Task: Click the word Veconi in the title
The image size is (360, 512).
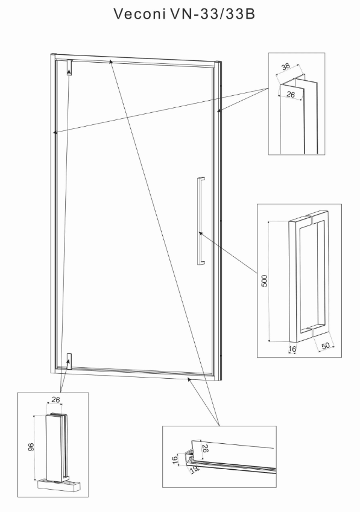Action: click(139, 14)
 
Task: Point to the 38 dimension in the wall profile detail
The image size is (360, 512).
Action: click(286, 66)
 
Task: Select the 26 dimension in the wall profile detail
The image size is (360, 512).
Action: click(291, 94)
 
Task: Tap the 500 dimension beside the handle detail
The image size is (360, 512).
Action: click(264, 281)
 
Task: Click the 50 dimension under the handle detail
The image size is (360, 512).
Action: click(326, 346)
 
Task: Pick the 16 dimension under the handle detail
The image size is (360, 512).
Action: click(292, 349)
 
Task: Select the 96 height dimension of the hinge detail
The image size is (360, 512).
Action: click(31, 447)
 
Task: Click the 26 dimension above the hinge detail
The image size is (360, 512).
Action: click(56, 400)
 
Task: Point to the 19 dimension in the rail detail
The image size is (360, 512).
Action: click(194, 469)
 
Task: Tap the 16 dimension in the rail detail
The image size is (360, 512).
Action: click(175, 460)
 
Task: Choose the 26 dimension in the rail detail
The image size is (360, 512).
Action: click(205, 448)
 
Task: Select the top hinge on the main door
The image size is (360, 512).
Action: click(69, 68)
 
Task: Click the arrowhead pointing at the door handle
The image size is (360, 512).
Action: click(201, 233)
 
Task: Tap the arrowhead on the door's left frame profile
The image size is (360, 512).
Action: click(55, 132)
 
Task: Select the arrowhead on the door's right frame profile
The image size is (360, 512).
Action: click(219, 111)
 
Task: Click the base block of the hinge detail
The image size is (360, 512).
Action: click(59, 485)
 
